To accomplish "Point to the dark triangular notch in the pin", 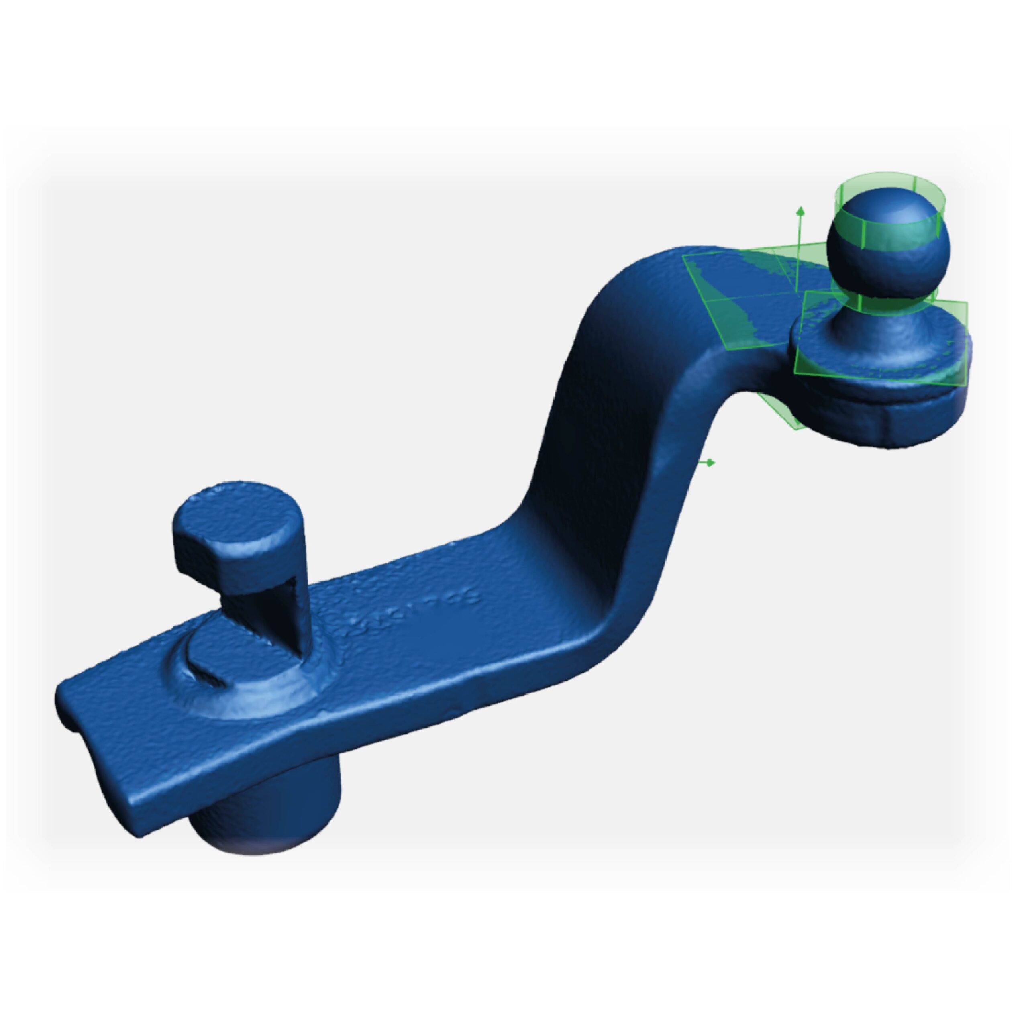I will click(288, 612).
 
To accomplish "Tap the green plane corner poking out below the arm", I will click(782, 415).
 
